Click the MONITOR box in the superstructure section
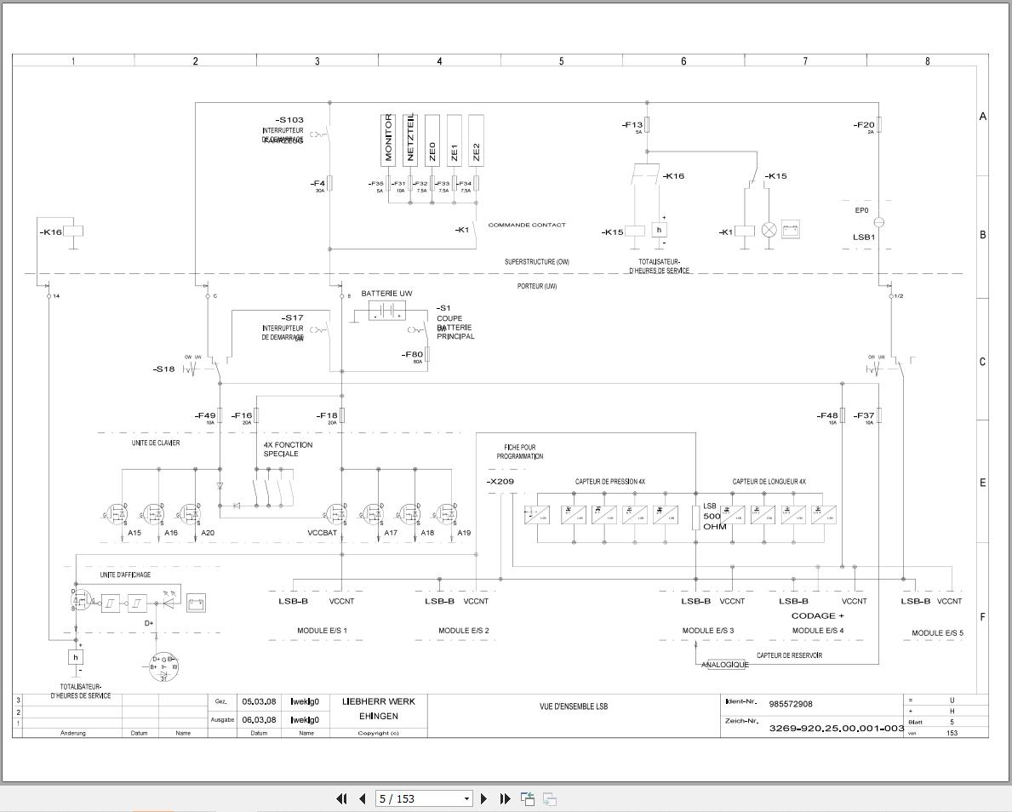pos(388,140)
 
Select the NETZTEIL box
pos(410,140)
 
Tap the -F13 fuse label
pos(632,125)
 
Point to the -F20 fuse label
pos(863,125)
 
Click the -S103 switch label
pos(289,120)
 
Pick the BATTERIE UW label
pos(386,294)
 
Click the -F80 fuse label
pos(412,354)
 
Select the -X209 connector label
pos(500,482)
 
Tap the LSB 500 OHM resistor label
pos(712,516)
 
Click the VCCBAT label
pos(323,533)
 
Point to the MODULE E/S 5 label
pos(937,633)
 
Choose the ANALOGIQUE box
pos(725,665)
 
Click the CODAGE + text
pos(817,615)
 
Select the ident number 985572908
pos(790,704)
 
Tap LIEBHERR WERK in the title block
pos(378,701)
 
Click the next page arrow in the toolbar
pos(484,798)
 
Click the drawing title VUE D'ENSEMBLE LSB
pos(574,706)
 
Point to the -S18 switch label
pos(163,369)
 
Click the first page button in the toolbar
pos(341,798)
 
